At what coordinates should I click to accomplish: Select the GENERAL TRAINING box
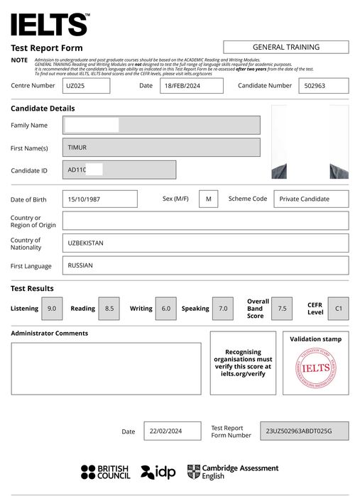click(285, 47)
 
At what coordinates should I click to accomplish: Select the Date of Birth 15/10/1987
click(99, 199)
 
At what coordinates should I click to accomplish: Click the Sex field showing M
click(208, 199)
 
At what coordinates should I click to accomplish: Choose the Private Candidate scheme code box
click(311, 199)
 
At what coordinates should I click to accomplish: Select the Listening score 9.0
click(52, 309)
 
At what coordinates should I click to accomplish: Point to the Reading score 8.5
click(109, 309)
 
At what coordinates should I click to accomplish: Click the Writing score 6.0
click(165, 309)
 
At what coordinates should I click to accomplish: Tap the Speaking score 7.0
click(223, 309)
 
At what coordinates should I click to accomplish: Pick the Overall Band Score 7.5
click(282, 309)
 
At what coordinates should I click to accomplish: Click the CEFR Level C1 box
click(338, 309)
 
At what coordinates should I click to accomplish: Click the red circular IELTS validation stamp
click(315, 368)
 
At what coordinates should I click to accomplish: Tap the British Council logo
click(106, 472)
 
